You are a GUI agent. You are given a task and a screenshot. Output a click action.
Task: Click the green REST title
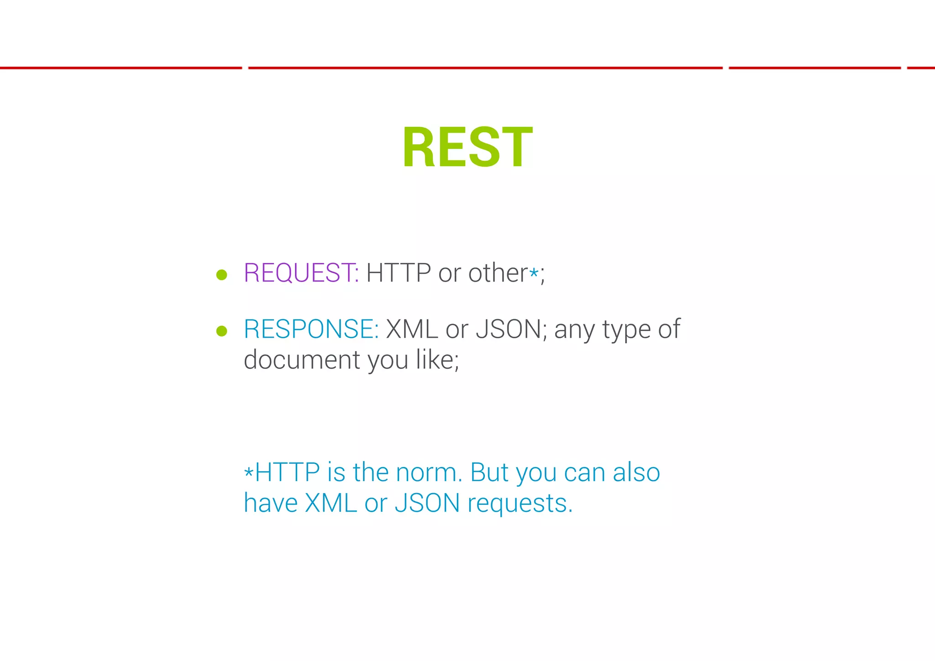(x=467, y=147)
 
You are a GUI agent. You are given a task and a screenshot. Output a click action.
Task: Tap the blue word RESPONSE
(x=310, y=329)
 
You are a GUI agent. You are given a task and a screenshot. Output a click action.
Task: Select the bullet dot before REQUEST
(x=222, y=275)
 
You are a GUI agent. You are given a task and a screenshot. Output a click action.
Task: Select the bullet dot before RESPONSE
(x=222, y=331)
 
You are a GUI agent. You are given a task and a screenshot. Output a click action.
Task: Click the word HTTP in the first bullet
(x=398, y=273)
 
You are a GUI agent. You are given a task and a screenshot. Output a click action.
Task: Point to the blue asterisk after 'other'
(x=534, y=273)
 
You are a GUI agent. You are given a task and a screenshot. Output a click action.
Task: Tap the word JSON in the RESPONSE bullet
(x=508, y=329)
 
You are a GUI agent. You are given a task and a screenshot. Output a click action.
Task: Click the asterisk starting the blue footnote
(x=248, y=472)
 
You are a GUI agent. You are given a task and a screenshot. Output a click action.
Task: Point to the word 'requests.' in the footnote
(x=520, y=504)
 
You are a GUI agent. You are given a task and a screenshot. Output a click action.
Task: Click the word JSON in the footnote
(x=427, y=503)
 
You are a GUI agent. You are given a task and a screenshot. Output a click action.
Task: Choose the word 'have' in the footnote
(x=270, y=503)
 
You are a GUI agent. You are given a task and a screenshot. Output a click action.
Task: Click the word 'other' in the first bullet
(x=498, y=273)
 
